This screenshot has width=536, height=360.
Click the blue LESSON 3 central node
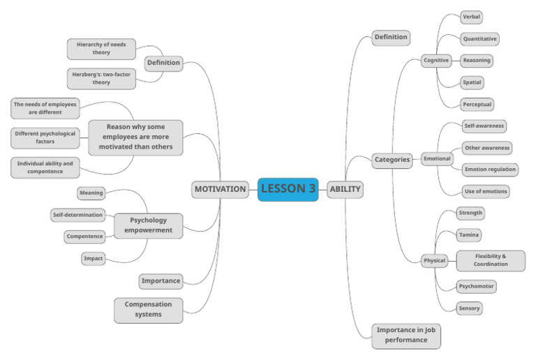(x=288, y=188)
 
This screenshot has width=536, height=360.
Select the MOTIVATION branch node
(x=220, y=188)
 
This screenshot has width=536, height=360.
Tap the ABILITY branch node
(x=345, y=188)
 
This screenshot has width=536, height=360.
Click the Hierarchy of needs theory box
(x=102, y=49)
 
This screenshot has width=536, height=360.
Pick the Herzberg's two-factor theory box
(x=102, y=78)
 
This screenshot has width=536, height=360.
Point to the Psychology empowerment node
(x=148, y=225)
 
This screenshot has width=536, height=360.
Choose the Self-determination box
(x=78, y=215)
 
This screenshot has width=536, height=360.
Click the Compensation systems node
(x=148, y=310)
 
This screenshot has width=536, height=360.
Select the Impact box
(x=94, y=258)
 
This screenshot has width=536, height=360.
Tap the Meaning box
(x=91, y=193)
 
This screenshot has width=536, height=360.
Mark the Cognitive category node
(x=436, y=61)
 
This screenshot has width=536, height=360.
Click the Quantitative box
(x=479, y=39)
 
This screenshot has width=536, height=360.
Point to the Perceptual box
(x=477, y=105)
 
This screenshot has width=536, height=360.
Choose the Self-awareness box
(x=484, y=126)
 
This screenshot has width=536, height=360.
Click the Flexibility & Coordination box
(x=490, y=260)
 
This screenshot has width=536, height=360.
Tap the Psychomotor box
(x=477, y=286)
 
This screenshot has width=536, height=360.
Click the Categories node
(x=392, y=159)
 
